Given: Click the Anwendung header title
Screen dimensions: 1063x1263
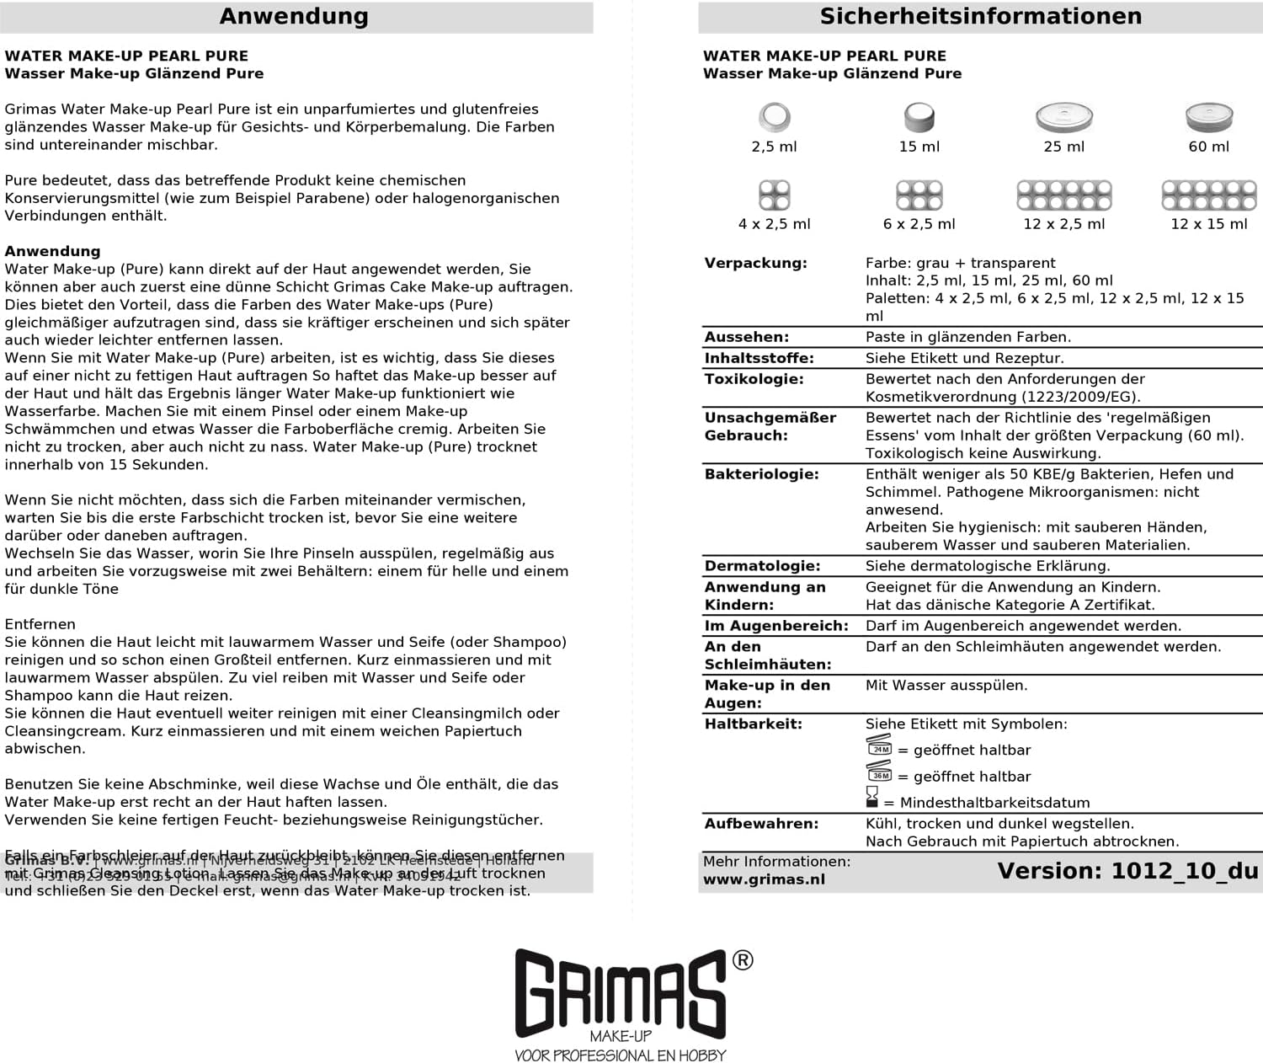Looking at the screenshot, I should (x=294, y=17).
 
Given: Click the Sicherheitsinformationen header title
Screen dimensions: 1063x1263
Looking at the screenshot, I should (x=980, y=17).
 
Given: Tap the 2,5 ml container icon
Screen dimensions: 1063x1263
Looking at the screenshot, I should (x=775, y=117).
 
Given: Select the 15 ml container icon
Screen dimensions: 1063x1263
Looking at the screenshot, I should (x=919, y=117).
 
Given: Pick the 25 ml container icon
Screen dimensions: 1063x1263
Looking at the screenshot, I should (x=1064, y=117).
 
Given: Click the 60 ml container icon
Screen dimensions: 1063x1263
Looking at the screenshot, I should (x=1209, y=117).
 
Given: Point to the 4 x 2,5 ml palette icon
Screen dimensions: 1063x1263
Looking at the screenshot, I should (x=775, y=195).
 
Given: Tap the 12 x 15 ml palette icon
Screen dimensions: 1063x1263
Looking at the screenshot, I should (x=1209, y=195).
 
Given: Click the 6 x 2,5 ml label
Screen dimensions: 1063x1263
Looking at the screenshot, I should (x=919, y=224).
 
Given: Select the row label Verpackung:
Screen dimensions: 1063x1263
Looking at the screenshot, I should (x=755, y=263).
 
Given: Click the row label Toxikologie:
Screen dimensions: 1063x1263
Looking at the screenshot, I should (x=754, y=379).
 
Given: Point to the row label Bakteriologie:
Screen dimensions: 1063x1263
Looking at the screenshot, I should (x=761, y=474).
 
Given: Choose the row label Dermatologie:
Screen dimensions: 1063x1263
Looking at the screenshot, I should (x=762, y=566).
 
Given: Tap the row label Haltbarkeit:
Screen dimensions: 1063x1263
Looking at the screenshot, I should (x=753, y=724).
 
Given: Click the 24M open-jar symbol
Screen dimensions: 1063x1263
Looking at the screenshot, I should (x=879, y=746).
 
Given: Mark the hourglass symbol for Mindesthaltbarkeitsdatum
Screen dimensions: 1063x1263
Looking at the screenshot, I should (x=871, y=798).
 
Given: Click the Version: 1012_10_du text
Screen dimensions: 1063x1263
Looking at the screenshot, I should (x=1127, y=871).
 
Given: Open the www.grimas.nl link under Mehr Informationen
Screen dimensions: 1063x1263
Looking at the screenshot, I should (x=764, y=879).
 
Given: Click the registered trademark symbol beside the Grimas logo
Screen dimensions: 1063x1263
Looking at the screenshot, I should (x=743, y=960).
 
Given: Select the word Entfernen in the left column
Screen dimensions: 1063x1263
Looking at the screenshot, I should (x=40, y=624).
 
